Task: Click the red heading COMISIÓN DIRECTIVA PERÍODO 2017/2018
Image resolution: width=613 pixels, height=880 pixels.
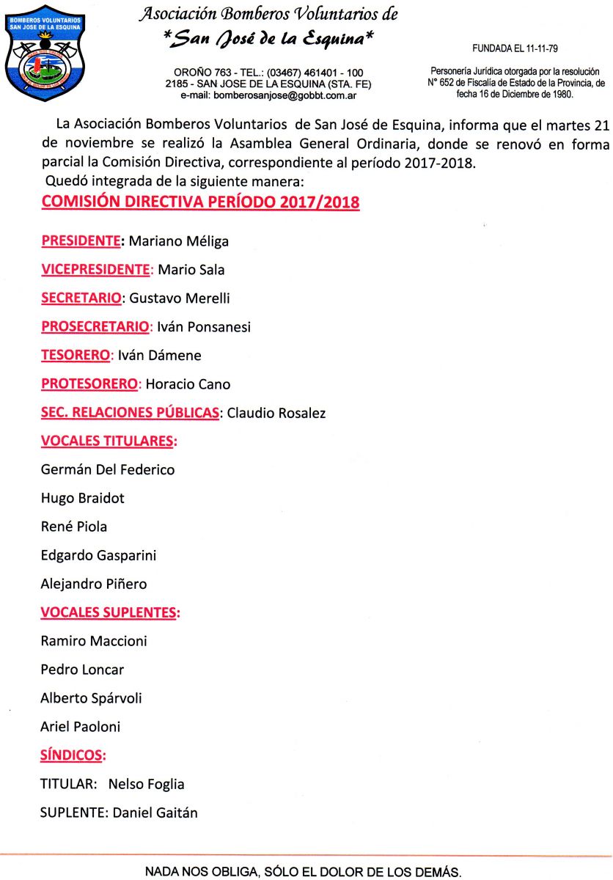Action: [x=200, y=202]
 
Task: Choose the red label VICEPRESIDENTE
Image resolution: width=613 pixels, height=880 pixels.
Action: [x=95, y=269]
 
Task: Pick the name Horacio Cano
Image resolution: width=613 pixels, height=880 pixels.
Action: [x=188, y=384]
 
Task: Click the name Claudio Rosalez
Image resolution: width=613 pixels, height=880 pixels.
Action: [x=276, y=413]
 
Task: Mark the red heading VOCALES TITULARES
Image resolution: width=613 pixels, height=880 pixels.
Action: [x=109, y=441]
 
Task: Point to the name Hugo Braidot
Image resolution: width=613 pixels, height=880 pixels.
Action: [x=83, y=498]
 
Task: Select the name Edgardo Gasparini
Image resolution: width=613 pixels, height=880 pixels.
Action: [x=98, y=555]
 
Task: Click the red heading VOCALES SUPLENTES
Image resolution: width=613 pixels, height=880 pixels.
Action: [x=109, y=612]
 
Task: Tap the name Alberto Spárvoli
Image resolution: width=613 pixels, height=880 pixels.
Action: [x=91, y=698]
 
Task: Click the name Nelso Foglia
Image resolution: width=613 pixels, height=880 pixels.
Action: [x=146, y=784]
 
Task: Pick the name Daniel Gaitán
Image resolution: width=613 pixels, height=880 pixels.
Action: [x=155, y=813]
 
